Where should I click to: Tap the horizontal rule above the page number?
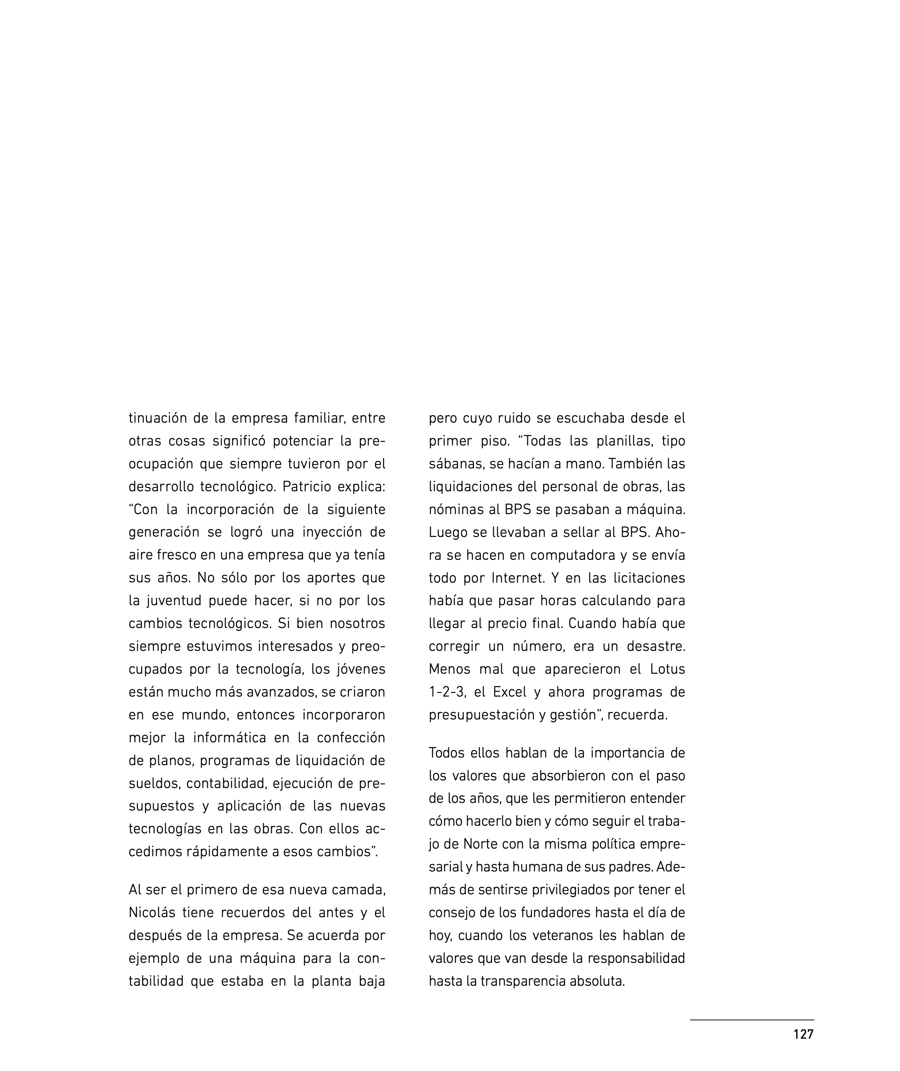pyautogui.click(x=752, y=1020)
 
